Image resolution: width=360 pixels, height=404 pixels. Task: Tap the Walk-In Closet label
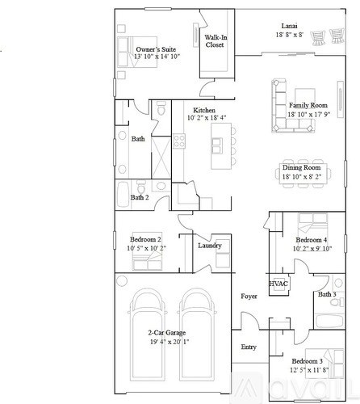pos(215,41)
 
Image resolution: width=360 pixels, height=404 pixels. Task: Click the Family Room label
pos(307,106)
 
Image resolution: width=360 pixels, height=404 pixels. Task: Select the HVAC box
pos(278,284)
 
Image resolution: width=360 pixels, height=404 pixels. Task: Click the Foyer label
pos(249,297)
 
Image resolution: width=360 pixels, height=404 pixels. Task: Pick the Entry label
pos(249,347)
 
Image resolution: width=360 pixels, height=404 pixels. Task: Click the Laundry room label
pos(209,246)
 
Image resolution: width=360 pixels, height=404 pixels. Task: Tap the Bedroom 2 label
pos(146,239)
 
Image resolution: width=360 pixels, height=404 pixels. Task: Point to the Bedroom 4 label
pos(311,240)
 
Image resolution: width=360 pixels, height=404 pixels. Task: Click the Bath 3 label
pos(326,295)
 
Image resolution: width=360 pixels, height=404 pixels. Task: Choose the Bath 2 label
pos(140,197)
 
